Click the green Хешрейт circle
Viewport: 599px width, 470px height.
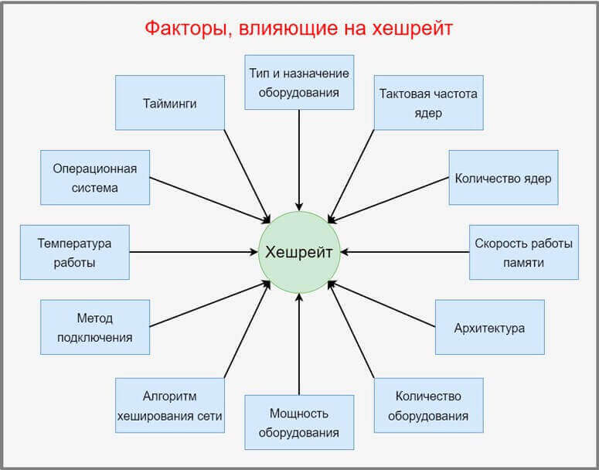coord(298,252)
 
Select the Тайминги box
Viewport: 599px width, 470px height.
coord(170,102)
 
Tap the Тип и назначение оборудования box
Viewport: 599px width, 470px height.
coord(299,83)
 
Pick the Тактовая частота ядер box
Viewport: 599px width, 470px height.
coord(428,102)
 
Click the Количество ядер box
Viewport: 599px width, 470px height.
coord(503,178)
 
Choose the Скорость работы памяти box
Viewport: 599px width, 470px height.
coord(523,252)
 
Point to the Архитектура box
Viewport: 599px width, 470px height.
coord(489,327)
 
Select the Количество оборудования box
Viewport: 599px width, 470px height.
coord(428,405)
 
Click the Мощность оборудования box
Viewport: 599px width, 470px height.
coord(299,422)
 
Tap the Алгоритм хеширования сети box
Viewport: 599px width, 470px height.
coord(170,405)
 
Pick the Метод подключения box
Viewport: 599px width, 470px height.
coord(94,327)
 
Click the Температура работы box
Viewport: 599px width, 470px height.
coord(74,252)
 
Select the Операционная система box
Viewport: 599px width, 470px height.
coord(95,178)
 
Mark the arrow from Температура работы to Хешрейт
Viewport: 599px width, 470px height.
coord(193,252)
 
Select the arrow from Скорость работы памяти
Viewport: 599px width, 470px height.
coord(406,252)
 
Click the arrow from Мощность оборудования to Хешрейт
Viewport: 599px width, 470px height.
coord(299,344)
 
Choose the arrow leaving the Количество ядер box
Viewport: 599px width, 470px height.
coord(394,199)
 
